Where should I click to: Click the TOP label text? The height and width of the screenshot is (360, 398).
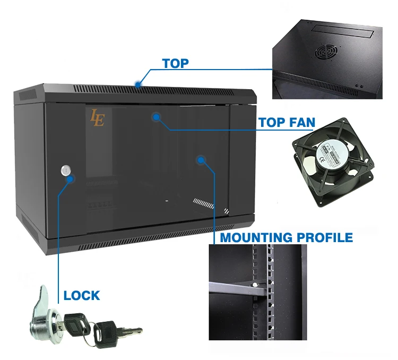tap(175, 63)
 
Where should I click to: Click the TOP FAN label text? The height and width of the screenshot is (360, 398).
tap(287, 123)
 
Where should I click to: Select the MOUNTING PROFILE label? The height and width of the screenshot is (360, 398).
tap(286, 237)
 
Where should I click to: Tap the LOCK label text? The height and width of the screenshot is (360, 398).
tap(82, 295)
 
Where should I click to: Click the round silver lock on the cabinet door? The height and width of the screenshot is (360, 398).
tap(66, 170)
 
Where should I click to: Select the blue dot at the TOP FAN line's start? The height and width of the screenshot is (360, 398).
tap(156, 116)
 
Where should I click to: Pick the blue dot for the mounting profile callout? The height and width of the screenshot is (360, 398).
tap(201, 159)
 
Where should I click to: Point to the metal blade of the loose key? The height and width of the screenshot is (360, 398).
tap(130, 331)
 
